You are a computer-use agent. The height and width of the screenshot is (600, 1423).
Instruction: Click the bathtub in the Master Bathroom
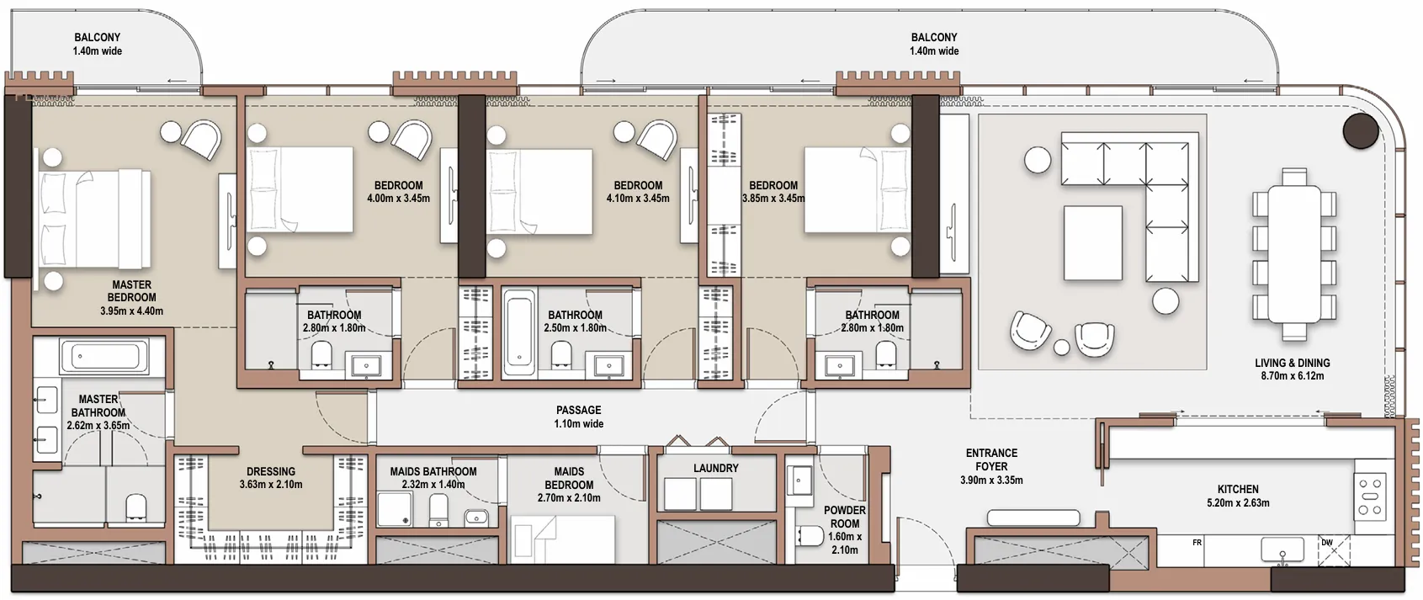pos(104,357)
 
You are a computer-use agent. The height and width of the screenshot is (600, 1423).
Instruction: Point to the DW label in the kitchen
pos(1327,543)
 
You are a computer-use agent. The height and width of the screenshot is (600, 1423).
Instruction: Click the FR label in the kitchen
pos(1197,543)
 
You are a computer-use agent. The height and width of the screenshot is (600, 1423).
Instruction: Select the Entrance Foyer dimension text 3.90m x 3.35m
pos(991,481)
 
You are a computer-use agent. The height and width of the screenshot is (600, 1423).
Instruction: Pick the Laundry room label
pos(715,468)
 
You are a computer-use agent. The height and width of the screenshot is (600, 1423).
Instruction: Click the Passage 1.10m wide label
pos(578,417)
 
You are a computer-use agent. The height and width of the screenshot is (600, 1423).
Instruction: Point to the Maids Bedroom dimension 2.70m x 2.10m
pos(569,498)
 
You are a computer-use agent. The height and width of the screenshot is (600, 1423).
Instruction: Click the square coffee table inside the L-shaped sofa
pos(1092,244)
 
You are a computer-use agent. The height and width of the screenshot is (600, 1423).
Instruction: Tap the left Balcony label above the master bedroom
pos(97,44)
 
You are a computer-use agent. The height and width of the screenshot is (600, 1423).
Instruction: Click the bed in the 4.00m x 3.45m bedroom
pos(300,189)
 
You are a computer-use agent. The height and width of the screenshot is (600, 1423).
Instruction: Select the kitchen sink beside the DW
pos(1282,550)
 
